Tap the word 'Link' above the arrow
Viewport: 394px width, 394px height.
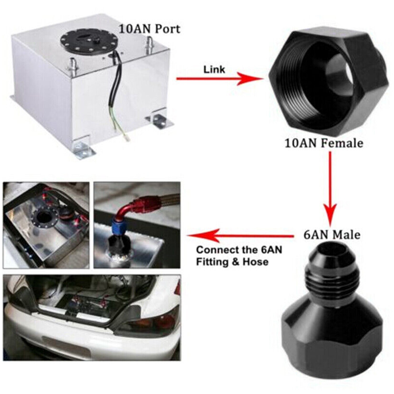(x=214, y=70)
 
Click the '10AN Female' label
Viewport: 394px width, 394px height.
(x=324, y=143)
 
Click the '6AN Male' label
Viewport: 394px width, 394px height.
(x=332, y=235)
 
